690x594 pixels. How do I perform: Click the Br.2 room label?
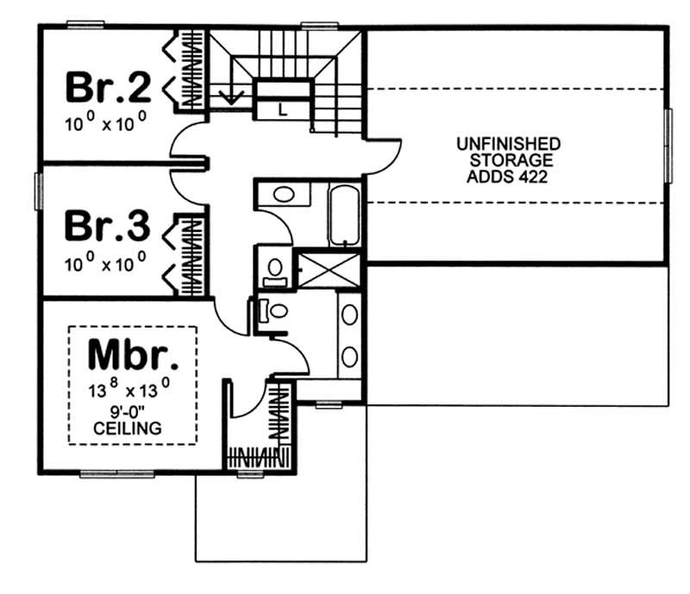(x=110, y=87)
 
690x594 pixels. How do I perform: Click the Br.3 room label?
(x=110, y=227)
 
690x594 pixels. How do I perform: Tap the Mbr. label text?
(x=135, y=355)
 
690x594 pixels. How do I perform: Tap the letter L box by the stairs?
(x=283, y=109)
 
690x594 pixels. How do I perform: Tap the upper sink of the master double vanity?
(x=349, y=315)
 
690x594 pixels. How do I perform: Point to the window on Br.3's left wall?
(x=38, y=191)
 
